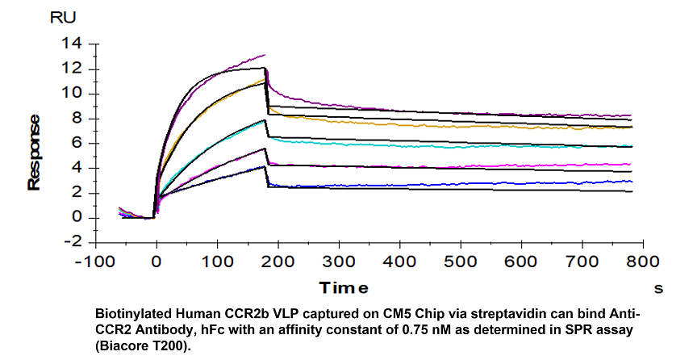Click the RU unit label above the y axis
tap(63, 17)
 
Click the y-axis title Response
tap(34, 153)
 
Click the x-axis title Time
tap(344, 288)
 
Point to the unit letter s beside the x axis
tap(658, 289)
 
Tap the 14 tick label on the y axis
tap(72, 44)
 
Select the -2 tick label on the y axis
tap(73, 241)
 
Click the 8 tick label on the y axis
tap(77, 119)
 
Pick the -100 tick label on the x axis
tap(95, 262)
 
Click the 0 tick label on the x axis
tap(156, 262)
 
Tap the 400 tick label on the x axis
tap(399, 262)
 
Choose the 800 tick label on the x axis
tap(643, 262)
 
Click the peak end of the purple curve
tap(265, 55)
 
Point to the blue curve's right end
tap(632, 182)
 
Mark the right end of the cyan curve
tap(632, 145)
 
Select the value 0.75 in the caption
tap(414, 330)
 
